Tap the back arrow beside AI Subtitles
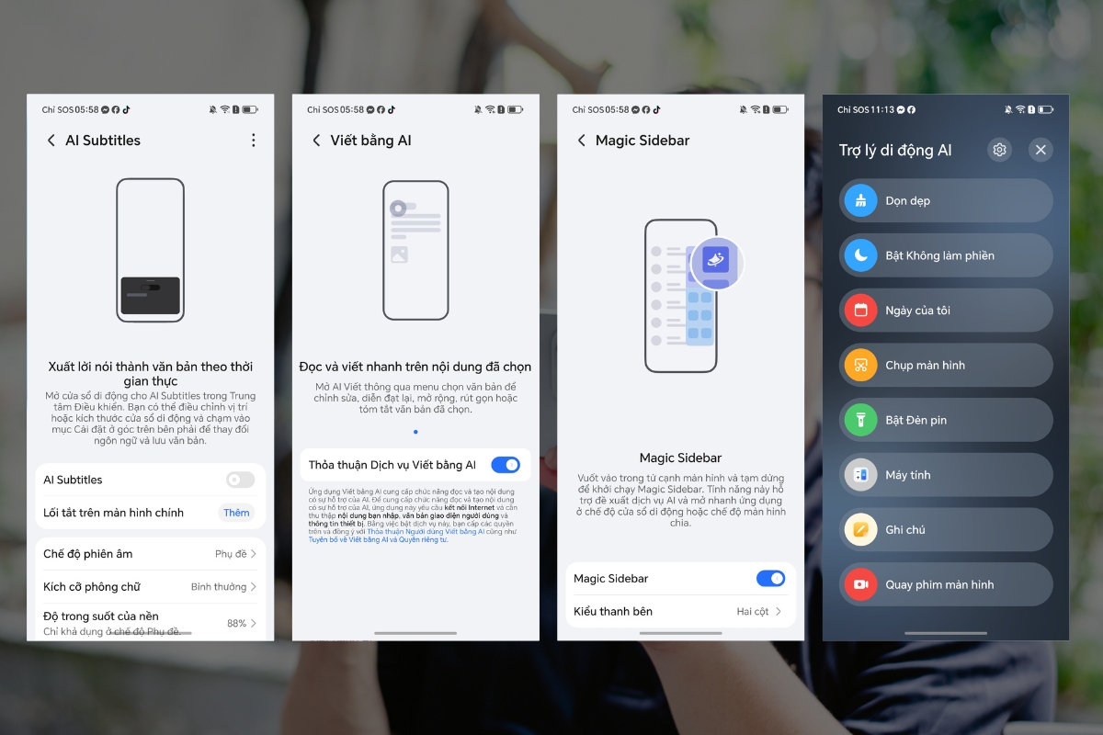[51, 141]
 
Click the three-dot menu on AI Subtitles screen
[254, 141]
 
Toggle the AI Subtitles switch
[240, 480]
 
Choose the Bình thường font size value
[222, 586]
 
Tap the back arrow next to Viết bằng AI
[316, 141]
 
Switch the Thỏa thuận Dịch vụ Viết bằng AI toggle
[506, 465]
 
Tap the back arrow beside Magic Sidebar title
[581, 141]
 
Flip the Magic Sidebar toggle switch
[770, 579]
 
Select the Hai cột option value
[757, 611]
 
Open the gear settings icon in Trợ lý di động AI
[999, 150]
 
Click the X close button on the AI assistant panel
[1040, 150]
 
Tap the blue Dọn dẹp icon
[861, 200]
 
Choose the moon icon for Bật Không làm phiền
[861, 255]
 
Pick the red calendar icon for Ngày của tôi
[861, 311]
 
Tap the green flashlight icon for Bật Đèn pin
[861, 420]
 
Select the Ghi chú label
[905, 530]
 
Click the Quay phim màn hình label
[939, 584]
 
